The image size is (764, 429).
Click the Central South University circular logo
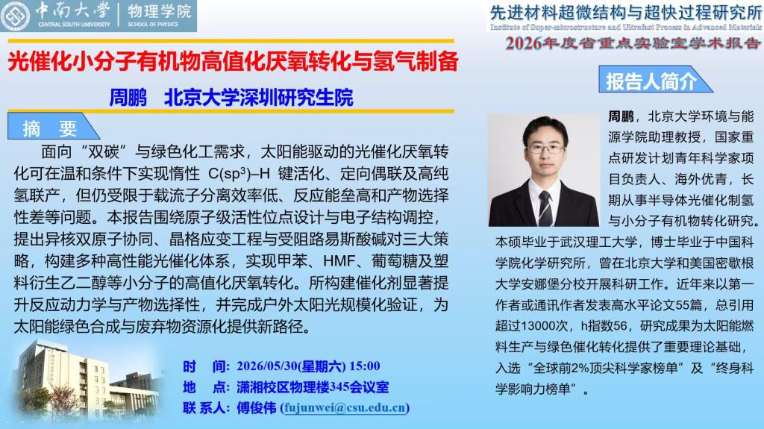15,16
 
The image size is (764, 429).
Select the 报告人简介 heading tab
655,80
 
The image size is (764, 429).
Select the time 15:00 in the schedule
364,366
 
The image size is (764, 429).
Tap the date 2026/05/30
267,366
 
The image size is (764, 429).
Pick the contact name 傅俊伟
257,407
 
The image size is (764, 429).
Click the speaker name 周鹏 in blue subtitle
128,98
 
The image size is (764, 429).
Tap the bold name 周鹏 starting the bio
621,116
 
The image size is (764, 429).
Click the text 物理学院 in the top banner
160,11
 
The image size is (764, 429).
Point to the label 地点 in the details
204,387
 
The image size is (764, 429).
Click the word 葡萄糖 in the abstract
394,261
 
